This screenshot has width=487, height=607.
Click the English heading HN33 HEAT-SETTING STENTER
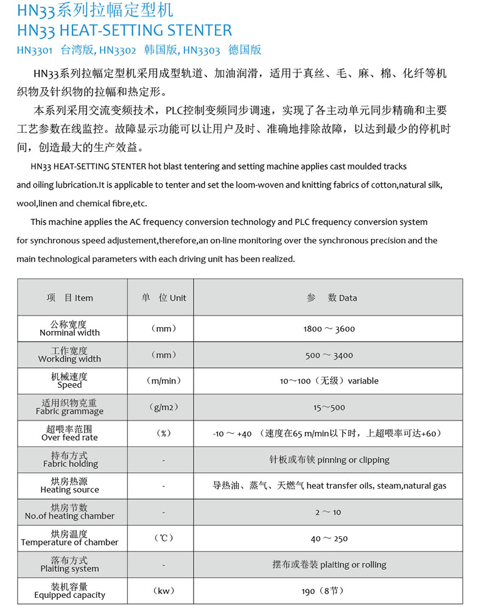(x=124, y=30)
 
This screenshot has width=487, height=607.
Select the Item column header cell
(x=70, y=297)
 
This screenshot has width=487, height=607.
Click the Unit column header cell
(x=164, y=297)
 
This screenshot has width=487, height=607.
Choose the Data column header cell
(x=332, y=297)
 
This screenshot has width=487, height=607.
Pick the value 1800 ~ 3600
(x=329, y=328)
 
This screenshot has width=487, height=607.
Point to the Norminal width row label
(x=69, y=328)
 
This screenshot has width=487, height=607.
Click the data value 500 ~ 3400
(x=329, y=355)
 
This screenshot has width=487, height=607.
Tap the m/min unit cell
(x=164, y=381)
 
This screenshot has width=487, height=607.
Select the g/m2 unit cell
(x=164, y=407)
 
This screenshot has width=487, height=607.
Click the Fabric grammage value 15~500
(x=329, y=407)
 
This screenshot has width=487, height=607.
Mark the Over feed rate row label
(x=69, y=433)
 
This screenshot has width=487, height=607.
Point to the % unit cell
(x=164, y=433)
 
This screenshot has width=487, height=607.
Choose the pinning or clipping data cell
(x=329, y=460)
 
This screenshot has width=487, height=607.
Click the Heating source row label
(x=69, y=486)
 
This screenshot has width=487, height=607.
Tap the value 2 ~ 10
(x=329, y=512)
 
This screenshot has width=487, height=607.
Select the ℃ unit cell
(x=164, y=538)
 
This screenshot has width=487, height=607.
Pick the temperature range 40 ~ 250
(x=329, y=538)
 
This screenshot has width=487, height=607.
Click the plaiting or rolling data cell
(x=329, y=564)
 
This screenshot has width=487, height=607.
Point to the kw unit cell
(x=164, y=591)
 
